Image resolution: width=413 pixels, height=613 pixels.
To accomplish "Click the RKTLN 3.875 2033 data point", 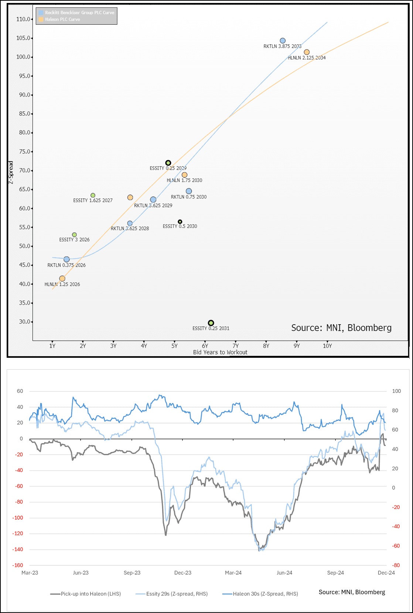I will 283,41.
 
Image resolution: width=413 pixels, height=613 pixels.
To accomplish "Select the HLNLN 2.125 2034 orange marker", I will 307,52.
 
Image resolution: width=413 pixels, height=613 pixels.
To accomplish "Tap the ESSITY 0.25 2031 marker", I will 211,323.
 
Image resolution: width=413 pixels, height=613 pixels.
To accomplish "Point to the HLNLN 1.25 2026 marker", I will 62,278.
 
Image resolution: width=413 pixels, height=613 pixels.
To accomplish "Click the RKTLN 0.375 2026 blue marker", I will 66,259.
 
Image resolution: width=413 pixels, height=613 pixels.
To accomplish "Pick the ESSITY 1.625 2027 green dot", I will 93,195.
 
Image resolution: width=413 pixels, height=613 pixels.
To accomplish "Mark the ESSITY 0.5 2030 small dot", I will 180,222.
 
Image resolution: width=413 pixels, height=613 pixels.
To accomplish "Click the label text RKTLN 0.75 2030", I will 189,197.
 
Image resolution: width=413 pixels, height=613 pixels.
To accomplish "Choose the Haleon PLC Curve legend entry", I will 62,20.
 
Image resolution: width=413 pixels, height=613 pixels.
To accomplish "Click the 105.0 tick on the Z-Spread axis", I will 23,38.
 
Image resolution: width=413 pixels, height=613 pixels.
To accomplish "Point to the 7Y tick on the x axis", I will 236,346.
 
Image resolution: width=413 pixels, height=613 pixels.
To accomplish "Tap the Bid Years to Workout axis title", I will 220,352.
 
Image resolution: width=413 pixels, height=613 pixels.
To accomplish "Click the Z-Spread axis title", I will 11,172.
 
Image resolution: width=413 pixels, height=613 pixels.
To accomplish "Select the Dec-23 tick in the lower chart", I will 183,573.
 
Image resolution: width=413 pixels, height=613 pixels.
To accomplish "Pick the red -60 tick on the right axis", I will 396,546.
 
